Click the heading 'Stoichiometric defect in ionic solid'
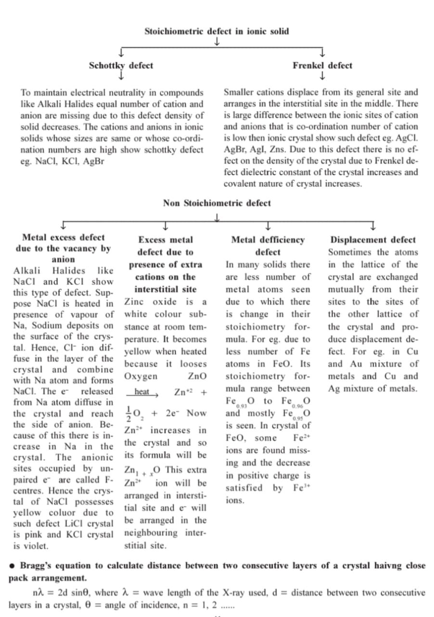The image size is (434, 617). click(217, 31)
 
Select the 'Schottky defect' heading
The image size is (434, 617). click(121, 66)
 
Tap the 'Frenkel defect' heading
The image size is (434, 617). click(322, 66)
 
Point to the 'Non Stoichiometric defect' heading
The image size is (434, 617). click(217, 203)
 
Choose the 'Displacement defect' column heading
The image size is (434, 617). click(373, 240)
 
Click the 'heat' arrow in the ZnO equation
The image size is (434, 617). click(142, 393)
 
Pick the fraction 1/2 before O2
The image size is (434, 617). click(128, 413)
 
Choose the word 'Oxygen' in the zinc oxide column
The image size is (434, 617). click(140, 376)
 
